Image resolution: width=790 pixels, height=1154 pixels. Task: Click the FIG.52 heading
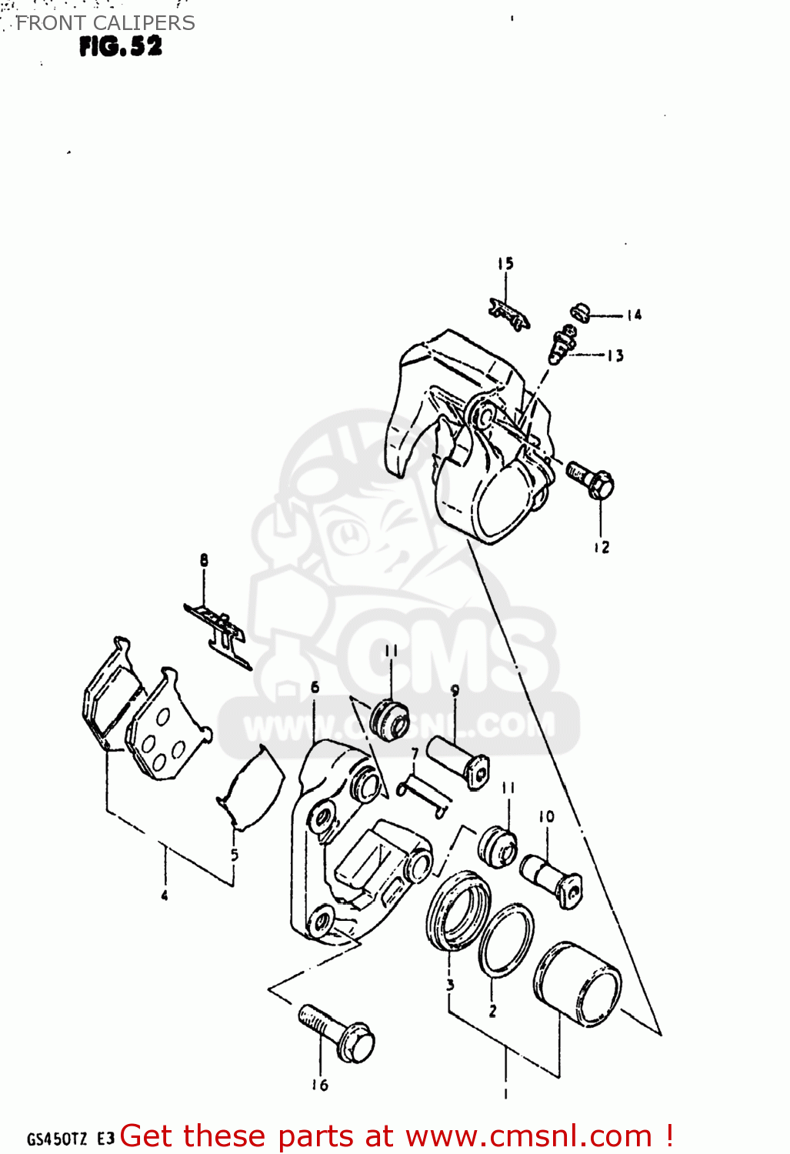pos(121,47)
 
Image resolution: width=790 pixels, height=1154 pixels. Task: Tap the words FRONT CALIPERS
pos(105,23)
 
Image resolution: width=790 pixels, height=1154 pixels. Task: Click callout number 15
pos(505,264)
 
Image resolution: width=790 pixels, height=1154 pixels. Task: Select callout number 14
pos(633,315)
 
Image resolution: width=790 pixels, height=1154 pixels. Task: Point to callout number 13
pos(615,355)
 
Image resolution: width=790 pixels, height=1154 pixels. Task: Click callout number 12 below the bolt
pos(601,547)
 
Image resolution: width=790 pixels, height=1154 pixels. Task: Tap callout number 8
pos(204,560)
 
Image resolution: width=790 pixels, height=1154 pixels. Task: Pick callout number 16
pos(319,1085)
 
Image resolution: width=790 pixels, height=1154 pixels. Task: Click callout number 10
pos(546,816)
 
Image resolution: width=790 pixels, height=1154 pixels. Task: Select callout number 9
pos(455,690)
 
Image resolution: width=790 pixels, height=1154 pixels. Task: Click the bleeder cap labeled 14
pos(579,312)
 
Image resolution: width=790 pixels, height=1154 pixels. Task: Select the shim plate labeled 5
pos(252,789)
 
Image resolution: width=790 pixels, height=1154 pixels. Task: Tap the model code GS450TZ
pos(57,1139)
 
